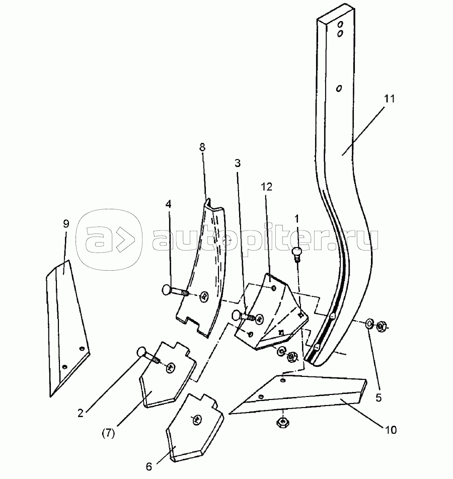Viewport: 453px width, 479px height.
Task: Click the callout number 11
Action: click(x=390, y=99)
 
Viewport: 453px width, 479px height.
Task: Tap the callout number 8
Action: click(x=202, y=148)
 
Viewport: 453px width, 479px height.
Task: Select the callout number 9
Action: click(x=65, y=224)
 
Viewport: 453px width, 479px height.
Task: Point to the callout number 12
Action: click(x=267, y=187)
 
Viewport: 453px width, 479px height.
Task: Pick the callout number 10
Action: click(x=391, y=430)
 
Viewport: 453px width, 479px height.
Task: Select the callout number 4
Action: click(x=169, y=205)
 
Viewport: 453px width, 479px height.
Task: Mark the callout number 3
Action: click(x=237, y=164)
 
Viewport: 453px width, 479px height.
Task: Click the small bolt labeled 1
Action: click(x=296, y=251)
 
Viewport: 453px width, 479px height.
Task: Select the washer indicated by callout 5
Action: click(x=368, y=323)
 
